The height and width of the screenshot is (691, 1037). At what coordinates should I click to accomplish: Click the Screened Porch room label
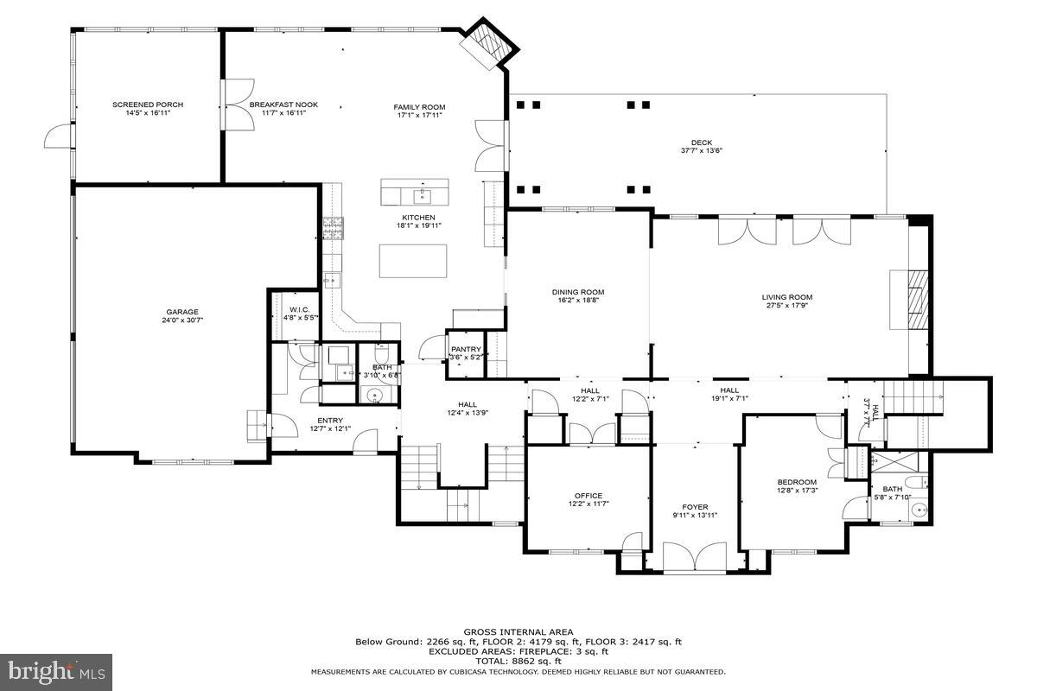click(x=148, y=105)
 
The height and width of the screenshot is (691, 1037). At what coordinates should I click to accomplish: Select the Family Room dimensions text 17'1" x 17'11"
click(x=420, y=115)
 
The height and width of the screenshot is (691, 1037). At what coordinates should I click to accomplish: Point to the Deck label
click(x=701, y=143)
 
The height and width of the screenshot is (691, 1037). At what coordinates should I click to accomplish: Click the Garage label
click(x=182, y=312)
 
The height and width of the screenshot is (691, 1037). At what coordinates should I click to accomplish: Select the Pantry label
click(x=465, y=349)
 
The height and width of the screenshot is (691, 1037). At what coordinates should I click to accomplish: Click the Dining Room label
click(x=578, y=292)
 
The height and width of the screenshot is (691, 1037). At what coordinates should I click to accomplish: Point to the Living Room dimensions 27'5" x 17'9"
click(x=789, y=305)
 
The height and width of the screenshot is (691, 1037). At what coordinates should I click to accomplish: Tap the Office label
click(x=588, y=495)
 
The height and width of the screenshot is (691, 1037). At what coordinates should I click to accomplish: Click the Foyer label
click(x=695, y=507)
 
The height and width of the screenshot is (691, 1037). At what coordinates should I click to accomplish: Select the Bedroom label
click(x=796, y=482)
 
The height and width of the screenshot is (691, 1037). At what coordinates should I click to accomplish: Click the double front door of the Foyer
click(x=695, y=557)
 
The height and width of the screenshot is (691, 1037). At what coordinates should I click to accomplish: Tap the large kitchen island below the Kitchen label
click(x=413, y=261)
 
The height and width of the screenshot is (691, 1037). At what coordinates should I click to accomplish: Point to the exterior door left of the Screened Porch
click(x=55, y=136)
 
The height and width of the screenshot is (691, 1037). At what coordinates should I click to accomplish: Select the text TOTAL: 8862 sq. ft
click(x=518, y=661)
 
